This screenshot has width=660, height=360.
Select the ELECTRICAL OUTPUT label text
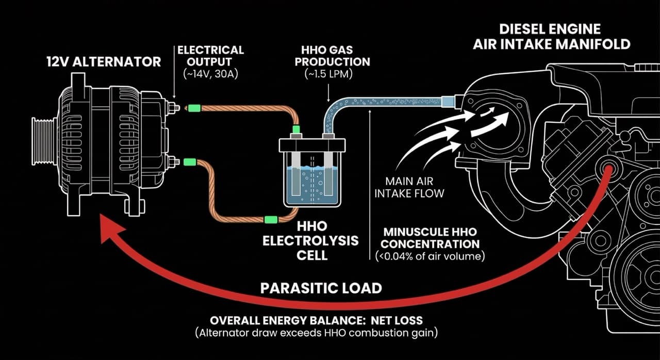click(x=210, y=56)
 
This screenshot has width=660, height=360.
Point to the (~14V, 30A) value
click(x=210, y=73)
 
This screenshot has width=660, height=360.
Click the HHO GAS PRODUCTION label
click(x=336, y=56)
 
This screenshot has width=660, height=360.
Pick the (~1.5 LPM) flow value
click(x=336, y=73)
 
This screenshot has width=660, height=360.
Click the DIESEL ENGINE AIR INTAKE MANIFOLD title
click(x=552, y=36)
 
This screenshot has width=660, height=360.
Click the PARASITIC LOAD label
click(x=321, y=288)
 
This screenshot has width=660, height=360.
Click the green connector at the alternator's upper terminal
click(x=194, y=108)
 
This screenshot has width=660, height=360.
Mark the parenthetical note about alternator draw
click(x=317, y=333)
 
